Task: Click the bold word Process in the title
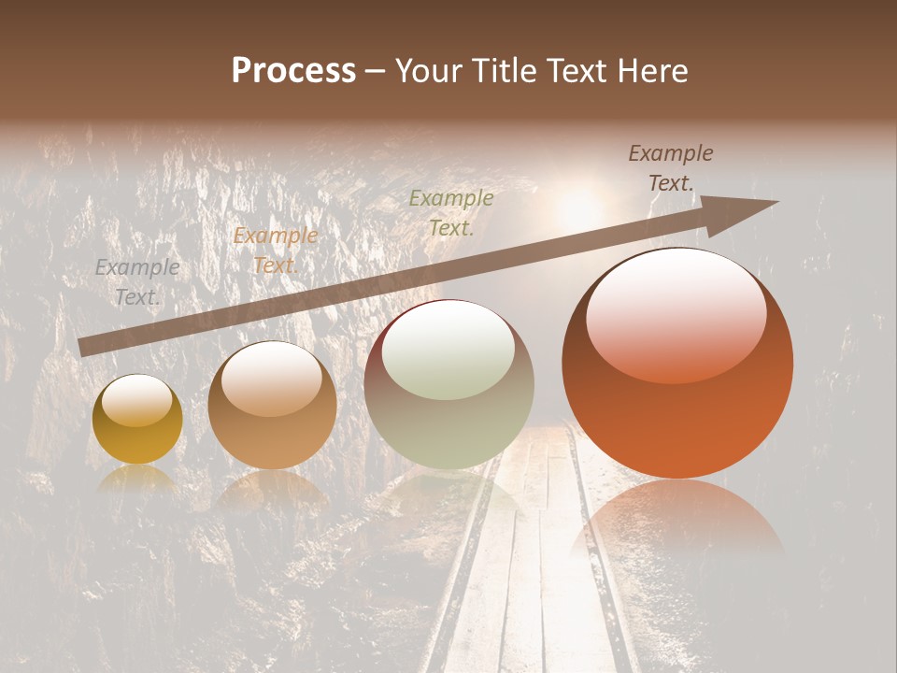pyautogui.click(x=293, y=71)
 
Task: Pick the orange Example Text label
pyautogui.click(x=275, y=251)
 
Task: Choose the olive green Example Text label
pyautogui.click(x=451, y=212)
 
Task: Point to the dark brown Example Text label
pyautogui.click(x=670, y=168)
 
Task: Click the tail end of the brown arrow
pyautogui.click(x=82, y=348)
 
